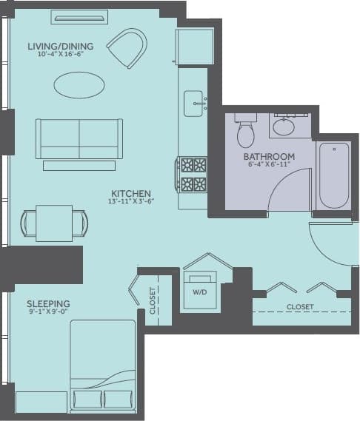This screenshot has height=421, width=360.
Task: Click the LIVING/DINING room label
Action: (x=56, y=47)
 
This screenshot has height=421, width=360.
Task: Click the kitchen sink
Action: (x=194, y=101)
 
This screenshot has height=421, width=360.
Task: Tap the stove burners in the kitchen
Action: (x=192, y=175)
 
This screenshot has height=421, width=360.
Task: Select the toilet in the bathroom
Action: (x=246, y=132)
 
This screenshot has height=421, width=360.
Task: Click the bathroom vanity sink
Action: (x=283, y=127)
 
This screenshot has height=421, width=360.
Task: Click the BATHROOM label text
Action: (x=269, y=157)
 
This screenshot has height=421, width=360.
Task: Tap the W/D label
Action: (x=200, y=292)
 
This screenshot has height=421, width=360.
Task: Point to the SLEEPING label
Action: (x=48, y=303)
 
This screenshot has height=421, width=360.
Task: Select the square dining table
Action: (x=54, y=223)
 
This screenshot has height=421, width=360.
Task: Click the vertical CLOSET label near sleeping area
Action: (x=153, y=301)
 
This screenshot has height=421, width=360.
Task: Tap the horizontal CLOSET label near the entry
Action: (x=300, y=306)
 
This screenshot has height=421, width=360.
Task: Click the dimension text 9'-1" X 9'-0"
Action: (x=48, y=312)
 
